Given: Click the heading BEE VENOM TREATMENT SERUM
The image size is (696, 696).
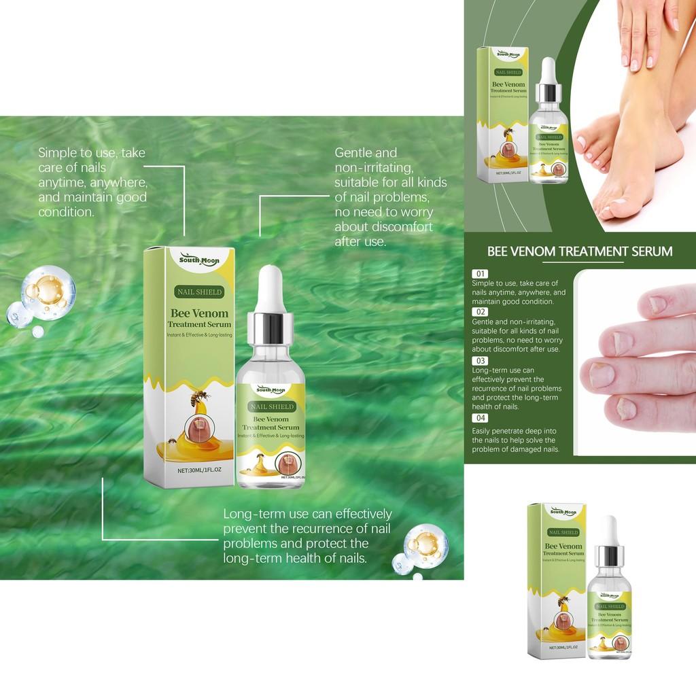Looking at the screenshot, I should [x=580, y=251].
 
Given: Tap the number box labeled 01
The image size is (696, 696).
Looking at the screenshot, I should [x=480, y=273].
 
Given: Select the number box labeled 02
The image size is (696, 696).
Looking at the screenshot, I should [x=480, y=312].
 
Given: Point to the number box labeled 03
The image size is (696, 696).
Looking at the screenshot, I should [x=480, y=360].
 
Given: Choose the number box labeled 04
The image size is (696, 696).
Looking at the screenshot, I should [x=480, y=417].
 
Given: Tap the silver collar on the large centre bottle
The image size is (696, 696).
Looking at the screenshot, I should [x=270, y=328].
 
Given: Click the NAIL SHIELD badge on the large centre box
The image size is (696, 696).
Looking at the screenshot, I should [x=198, y=292].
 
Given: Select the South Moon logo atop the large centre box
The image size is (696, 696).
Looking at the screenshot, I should [x=198, y=260].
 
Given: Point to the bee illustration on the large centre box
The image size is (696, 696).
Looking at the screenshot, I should [x=201, y=398].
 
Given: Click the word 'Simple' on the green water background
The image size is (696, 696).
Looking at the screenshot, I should [x=58, y=153].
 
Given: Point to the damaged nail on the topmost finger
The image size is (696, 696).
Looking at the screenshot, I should [x=658, y=304].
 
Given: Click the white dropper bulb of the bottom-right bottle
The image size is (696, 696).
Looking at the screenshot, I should [x=609, y=529].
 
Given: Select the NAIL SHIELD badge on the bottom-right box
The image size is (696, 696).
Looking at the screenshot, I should [x=563, y=532].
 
